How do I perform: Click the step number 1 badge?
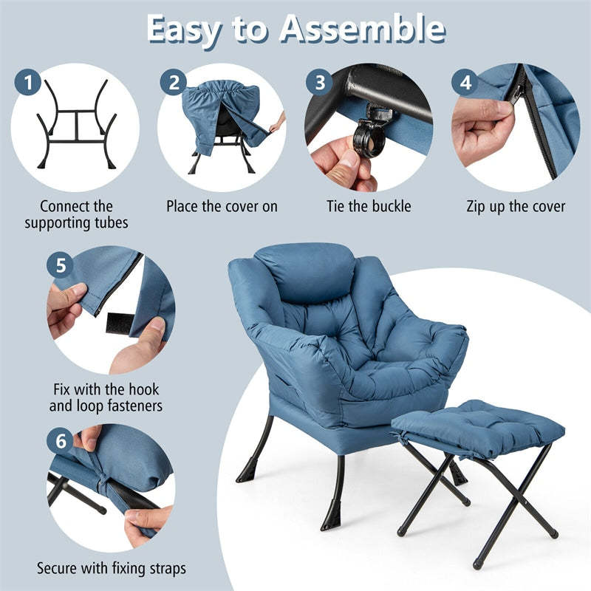point(29,83)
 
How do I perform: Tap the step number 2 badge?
point(174,83)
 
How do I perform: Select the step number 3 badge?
point(319,83)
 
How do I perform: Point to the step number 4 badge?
point(465,83)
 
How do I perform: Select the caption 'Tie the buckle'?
point(369,206)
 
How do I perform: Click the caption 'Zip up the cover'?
point(516,206)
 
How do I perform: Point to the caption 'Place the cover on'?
point(222,206)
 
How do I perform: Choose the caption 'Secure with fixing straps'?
point(112,568)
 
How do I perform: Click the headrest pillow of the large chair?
point(304,270)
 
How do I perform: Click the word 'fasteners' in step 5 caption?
point(131,406)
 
